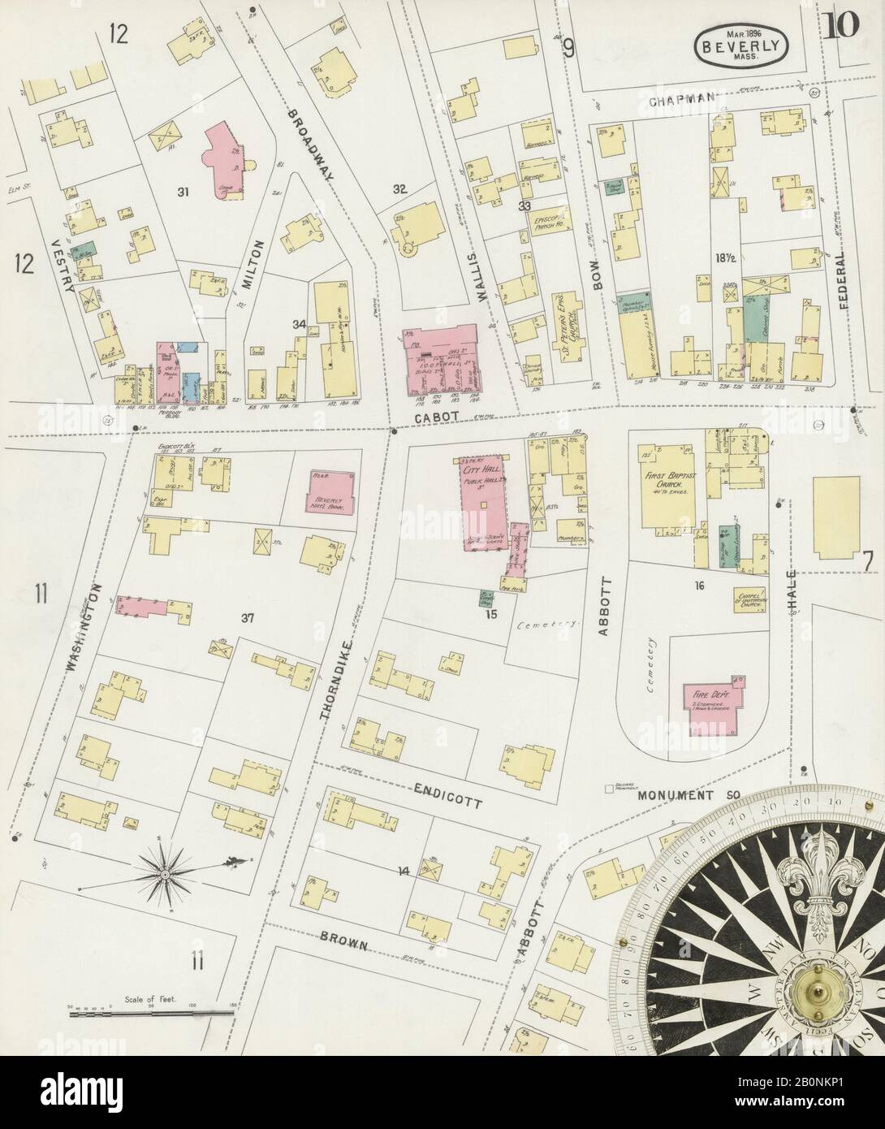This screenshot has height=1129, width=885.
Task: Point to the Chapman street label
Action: click(682, 99)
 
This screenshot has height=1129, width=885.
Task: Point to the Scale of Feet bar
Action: click(150, 1012)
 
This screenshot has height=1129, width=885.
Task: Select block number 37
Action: click(247, 618)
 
